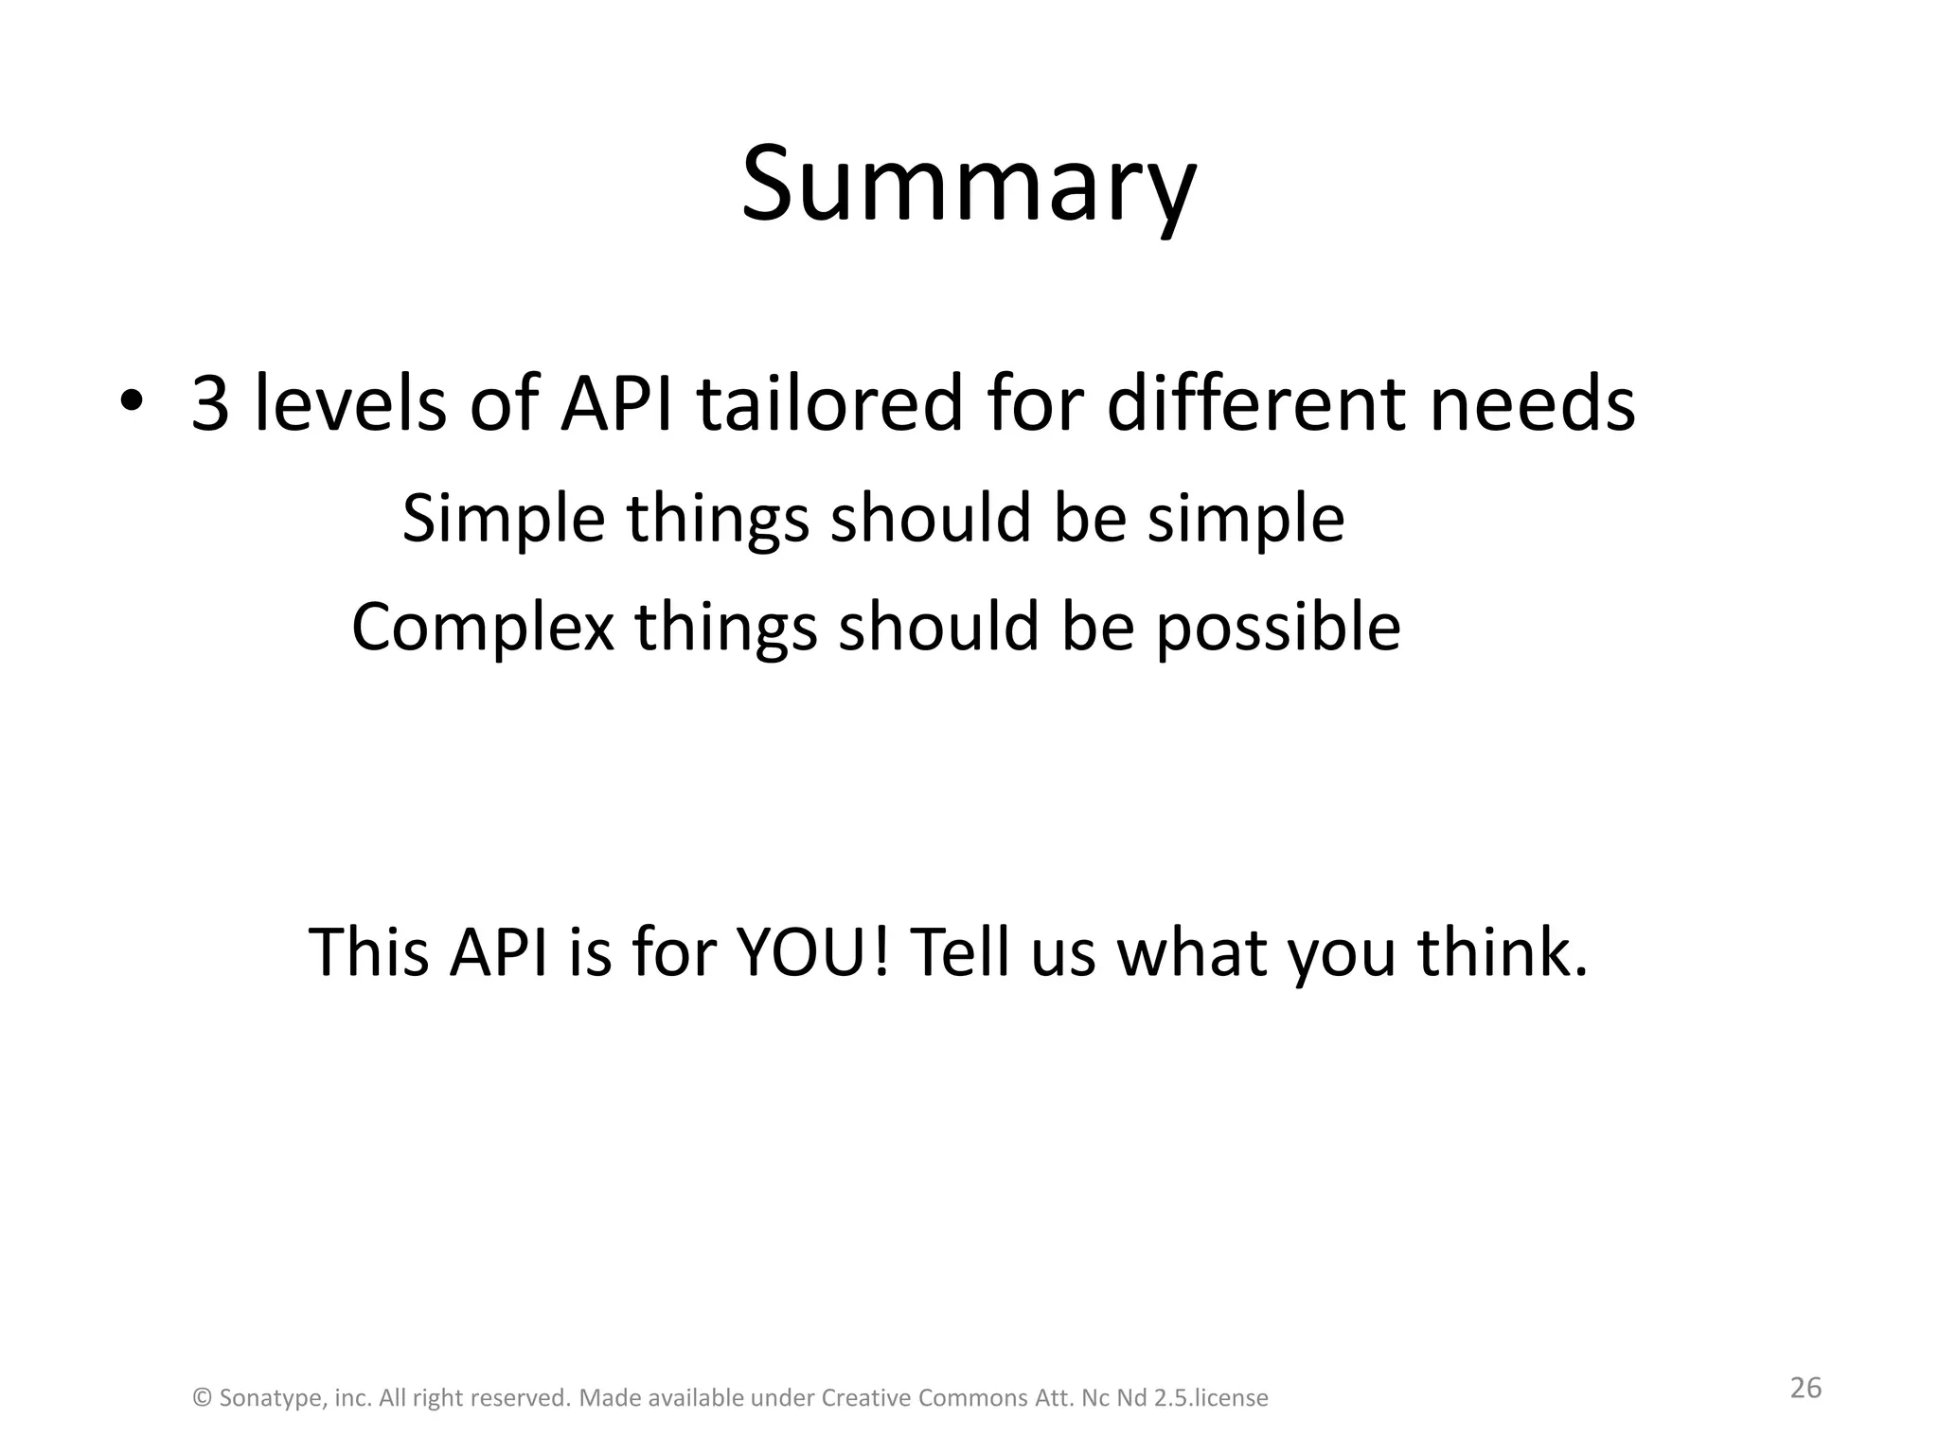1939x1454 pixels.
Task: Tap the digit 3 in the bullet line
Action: coord(210,404)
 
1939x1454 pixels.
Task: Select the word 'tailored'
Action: coord(829,404)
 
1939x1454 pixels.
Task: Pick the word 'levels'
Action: coord(350,404)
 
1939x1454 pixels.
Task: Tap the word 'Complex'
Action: coord(482,627)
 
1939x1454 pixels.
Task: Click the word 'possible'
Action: coord(1277,627)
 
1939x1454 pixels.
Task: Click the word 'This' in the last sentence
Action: coord(368,951)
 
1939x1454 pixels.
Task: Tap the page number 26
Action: coord(1805,1388)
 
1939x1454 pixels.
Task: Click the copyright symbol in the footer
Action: coord(202,1398)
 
